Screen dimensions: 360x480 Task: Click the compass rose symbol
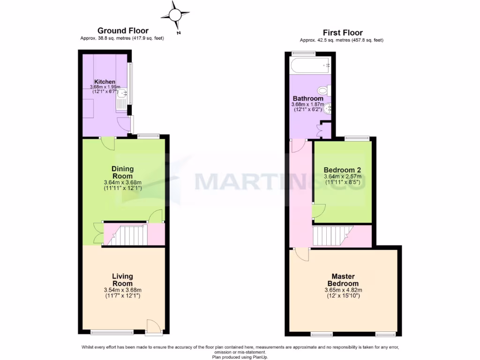click(x=175, y=16)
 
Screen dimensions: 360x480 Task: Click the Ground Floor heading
click(x=123, y=31)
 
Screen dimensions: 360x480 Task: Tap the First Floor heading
click(x=343, y=32)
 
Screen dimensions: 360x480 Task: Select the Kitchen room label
click(x=105, y=82)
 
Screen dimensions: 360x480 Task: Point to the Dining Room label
click(x=122, y=172)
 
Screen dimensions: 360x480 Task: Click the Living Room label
click(x=122, y=280)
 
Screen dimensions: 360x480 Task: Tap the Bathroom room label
click(x=308, y=99)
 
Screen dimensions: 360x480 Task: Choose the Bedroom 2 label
click(x=342, y=170)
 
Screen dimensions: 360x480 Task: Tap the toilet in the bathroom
click(x=323, y=90)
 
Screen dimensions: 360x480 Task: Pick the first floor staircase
click(x=333, y=235)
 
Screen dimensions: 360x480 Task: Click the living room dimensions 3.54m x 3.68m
click(x=122, y=290)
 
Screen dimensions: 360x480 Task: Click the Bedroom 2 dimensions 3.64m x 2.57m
click(x=342, y=177)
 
